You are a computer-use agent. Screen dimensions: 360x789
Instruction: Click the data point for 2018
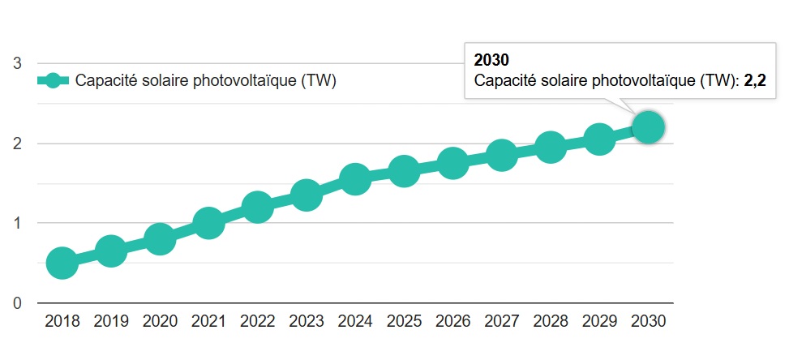pyautogui.click(x=62, y=264)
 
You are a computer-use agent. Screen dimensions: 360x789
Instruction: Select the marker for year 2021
pyautogui.click(x=208, y=223)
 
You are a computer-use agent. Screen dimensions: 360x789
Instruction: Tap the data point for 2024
pyautogui.click(x=355, y=179)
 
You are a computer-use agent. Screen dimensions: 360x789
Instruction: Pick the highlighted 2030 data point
pyautogui.click(x=648, y=127)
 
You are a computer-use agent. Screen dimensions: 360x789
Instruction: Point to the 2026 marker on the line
pyautogui.click(x=452, y=163)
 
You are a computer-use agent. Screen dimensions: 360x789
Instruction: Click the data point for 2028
pyautogui.click(x=551, y=148)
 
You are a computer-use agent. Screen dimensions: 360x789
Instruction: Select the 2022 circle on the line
pyautogui.click(x=257, y=207)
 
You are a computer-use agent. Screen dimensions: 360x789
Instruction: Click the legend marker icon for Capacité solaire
pyautogui.click(x=54, y=81)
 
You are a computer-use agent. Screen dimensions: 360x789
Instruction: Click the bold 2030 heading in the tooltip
pyautogui.click(x=491, y=61)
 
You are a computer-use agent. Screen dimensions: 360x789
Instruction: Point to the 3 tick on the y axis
pyautogui.click(x=16, y=64)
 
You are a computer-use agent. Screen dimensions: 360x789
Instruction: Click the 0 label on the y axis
pyautogui.click(x=16, y=303)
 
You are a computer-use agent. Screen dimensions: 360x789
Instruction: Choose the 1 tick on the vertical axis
pyautogui.click(x=16, y=223)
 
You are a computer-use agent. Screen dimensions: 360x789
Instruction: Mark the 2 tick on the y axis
pyautogui.click(x=16, y=144)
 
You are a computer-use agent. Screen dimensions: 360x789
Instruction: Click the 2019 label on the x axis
pyautogui.click(x=111, y=321)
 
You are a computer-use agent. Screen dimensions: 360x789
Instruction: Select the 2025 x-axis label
pyautogui.click(x=404, y=321)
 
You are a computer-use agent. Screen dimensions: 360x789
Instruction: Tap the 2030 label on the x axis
pyautogui.click(x=648, y=321)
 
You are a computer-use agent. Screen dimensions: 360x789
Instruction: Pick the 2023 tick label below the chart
pyautogui.click(x=307, y=321)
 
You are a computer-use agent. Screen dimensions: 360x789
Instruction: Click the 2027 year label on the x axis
pyautogui.click(x=501, y=321)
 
